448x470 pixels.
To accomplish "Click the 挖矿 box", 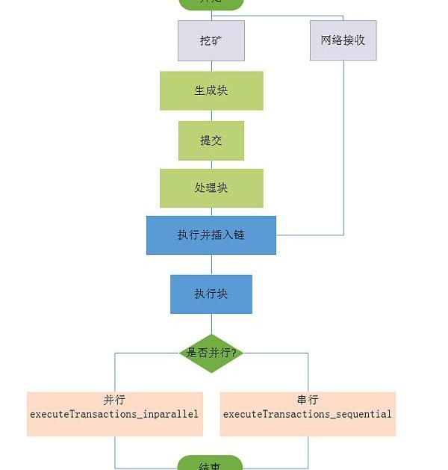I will pos(211,40).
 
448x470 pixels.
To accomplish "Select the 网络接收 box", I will pos(343,40).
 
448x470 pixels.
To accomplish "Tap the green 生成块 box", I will pos(211,90).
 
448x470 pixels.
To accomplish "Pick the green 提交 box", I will pos(211,140).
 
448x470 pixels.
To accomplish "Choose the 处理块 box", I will pos(211,188).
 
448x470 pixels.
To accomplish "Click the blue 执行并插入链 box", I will pos(211,235).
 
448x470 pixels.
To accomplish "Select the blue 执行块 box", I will pos(211,294).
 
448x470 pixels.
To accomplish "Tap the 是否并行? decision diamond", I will pos(211,353).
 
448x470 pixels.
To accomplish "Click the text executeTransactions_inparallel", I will pos(114,413).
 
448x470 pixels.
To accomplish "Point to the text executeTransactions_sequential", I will pos(308,413).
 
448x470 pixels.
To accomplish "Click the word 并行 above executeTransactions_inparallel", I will pos(114,401).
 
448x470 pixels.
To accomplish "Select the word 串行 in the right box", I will pos(308,401).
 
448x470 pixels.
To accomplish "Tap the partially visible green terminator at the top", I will pos(211,4).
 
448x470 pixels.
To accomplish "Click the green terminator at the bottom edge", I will pos(211,464).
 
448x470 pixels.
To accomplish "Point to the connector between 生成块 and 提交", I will pos(211,116).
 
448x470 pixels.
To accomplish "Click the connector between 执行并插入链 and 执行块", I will pos(211,265).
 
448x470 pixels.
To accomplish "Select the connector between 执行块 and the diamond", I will pos(211,323).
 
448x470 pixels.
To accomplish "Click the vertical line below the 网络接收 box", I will pos(343,149).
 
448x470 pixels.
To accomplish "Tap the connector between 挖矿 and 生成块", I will pos(211,66).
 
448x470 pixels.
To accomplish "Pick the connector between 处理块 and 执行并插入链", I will pos(211,211).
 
